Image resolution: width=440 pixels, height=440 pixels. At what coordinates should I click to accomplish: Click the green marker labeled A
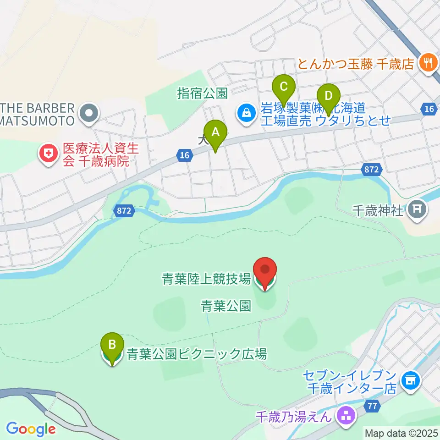(214, 133)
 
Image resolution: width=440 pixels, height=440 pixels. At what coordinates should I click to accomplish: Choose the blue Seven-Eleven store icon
(410, 381)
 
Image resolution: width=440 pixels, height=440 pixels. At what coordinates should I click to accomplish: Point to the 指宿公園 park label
(203, 93)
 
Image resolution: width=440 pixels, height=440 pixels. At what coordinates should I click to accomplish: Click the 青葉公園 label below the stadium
(226, 306)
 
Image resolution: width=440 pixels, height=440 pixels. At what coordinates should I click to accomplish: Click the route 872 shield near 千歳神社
(371, 169)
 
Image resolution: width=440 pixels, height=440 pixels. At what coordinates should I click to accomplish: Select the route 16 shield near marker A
(184, 156)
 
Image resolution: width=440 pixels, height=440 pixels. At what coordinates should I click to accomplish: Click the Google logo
(30, 429)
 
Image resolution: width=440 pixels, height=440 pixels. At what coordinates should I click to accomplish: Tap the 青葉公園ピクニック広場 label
(196, 354)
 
